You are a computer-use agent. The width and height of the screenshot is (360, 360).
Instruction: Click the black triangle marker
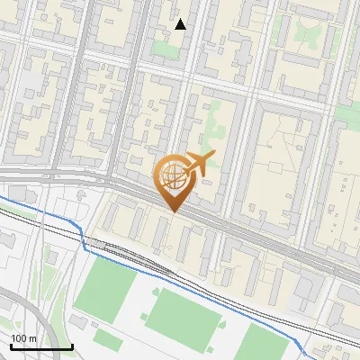181,24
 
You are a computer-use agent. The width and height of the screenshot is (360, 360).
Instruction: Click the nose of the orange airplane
214,156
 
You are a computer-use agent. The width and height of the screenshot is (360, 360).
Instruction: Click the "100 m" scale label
23,338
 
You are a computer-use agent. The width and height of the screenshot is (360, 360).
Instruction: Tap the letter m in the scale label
33,338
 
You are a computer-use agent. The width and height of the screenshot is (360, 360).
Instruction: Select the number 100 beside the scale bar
19,338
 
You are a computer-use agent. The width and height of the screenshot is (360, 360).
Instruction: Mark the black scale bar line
41,346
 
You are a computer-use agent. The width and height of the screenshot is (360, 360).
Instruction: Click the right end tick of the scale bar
72,345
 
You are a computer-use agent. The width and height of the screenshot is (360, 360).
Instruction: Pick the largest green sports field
184,315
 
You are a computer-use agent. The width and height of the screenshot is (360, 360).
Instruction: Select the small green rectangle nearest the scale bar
107,340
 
